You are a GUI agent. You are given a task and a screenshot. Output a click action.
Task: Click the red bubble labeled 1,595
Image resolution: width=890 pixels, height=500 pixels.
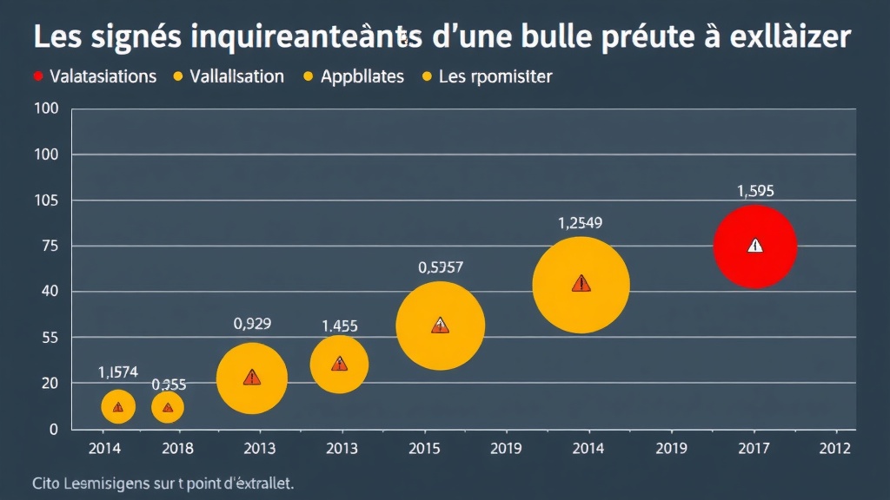(754, 246)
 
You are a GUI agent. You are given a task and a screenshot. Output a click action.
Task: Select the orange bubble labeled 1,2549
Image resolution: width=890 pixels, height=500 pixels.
(581, 284)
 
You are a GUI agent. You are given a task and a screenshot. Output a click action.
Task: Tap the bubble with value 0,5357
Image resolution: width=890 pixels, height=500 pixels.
(440, 325)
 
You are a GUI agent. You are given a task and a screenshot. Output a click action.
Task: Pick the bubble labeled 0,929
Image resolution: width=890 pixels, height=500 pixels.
(251, 378)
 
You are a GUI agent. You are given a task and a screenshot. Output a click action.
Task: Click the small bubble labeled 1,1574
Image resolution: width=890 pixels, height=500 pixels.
(118, 406)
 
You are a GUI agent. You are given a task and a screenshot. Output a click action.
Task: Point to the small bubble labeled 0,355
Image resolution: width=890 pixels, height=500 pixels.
(168, 406)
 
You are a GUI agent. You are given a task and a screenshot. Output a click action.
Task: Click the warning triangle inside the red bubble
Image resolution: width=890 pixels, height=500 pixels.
(754, 246)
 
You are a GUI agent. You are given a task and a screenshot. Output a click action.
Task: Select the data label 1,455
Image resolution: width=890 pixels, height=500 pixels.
(340, 326)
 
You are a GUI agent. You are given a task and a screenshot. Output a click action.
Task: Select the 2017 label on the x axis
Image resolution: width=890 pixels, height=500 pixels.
(753, 449)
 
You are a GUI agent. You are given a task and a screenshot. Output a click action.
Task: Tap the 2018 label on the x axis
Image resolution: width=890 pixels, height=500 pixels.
(177, 449)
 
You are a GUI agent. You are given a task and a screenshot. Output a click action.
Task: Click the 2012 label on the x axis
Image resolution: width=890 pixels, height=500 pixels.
(836, 449)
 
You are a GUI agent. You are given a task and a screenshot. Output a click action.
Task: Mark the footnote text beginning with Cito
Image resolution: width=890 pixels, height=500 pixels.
(163, 483)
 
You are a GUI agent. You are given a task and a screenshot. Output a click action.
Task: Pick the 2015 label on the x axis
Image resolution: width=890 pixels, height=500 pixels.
(424, 449)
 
